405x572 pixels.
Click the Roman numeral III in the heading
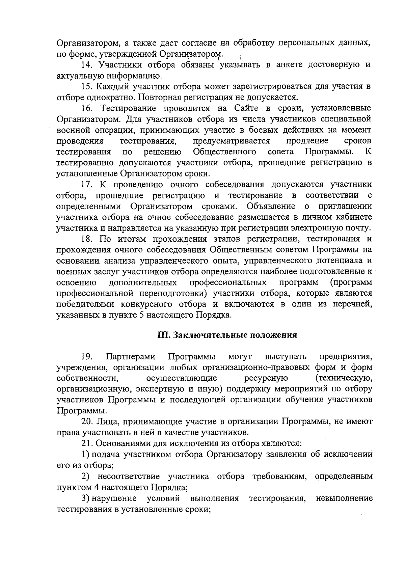point(163,335)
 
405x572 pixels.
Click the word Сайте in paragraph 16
point(243,108)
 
